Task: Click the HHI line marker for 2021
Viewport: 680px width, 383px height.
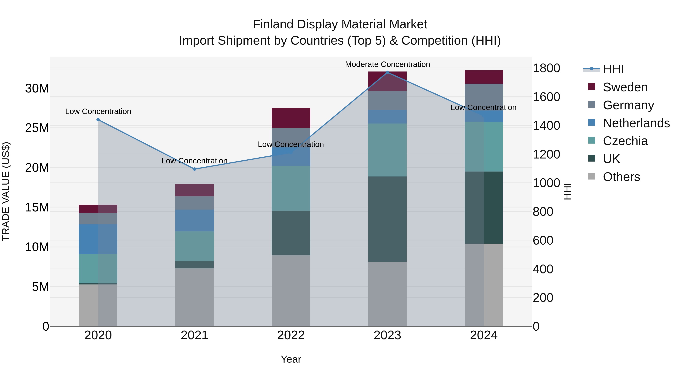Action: (x=194, y=169)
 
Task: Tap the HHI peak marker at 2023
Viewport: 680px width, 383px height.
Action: (x=387, y=72)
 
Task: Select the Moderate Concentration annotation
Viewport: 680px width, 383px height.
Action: (x=387, y=64)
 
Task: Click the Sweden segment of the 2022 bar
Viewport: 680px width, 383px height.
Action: (x=291, y=118)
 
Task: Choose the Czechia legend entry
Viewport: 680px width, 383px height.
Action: (x=625, y=141)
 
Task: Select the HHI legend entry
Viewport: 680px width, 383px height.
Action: (x=613, y=69)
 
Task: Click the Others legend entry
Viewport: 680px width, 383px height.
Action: (x=621, y=177)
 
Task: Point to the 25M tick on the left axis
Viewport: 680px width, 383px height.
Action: (x=37, y=128)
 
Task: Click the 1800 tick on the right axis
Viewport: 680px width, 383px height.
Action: (x=546, y=68)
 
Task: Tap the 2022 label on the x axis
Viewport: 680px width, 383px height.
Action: (x=291, y=335)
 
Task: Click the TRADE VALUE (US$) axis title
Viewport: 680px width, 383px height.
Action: (x=6, y=191)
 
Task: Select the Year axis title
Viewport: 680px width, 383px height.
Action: (x=291, y=359)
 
